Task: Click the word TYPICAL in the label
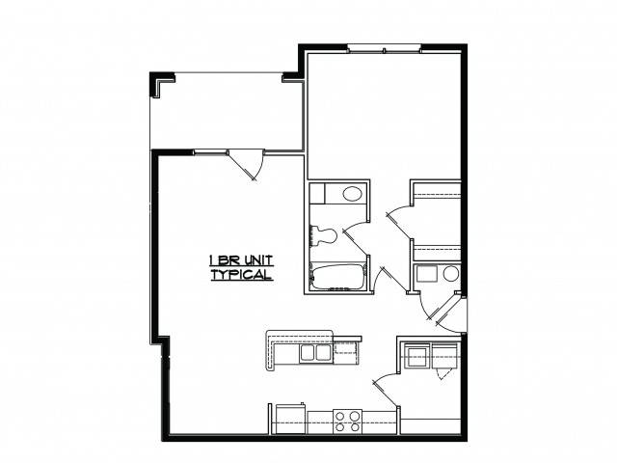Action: [x=242, y=274]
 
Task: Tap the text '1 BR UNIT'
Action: [x=241, y=260]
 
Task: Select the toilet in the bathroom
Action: [x=323, y=235]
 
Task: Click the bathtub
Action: [x=337, y=277]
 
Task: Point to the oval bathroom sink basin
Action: [x=352, y=193]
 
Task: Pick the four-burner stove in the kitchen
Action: [x=347, y=422]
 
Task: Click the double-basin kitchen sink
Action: [x=315, y=353]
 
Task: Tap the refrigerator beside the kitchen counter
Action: [x=290, y=419]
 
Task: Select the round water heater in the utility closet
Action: [x=451, y=273]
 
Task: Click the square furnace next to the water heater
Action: [x=427, y=274]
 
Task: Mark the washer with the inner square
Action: [x=416, y=356]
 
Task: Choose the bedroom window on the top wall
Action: [x=384, y=49]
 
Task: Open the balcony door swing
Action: [x=247, y=165]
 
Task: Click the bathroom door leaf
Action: [x=356, y=241]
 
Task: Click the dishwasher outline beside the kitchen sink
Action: [x=345, y=353]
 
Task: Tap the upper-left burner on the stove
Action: [x=339, y=416]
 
